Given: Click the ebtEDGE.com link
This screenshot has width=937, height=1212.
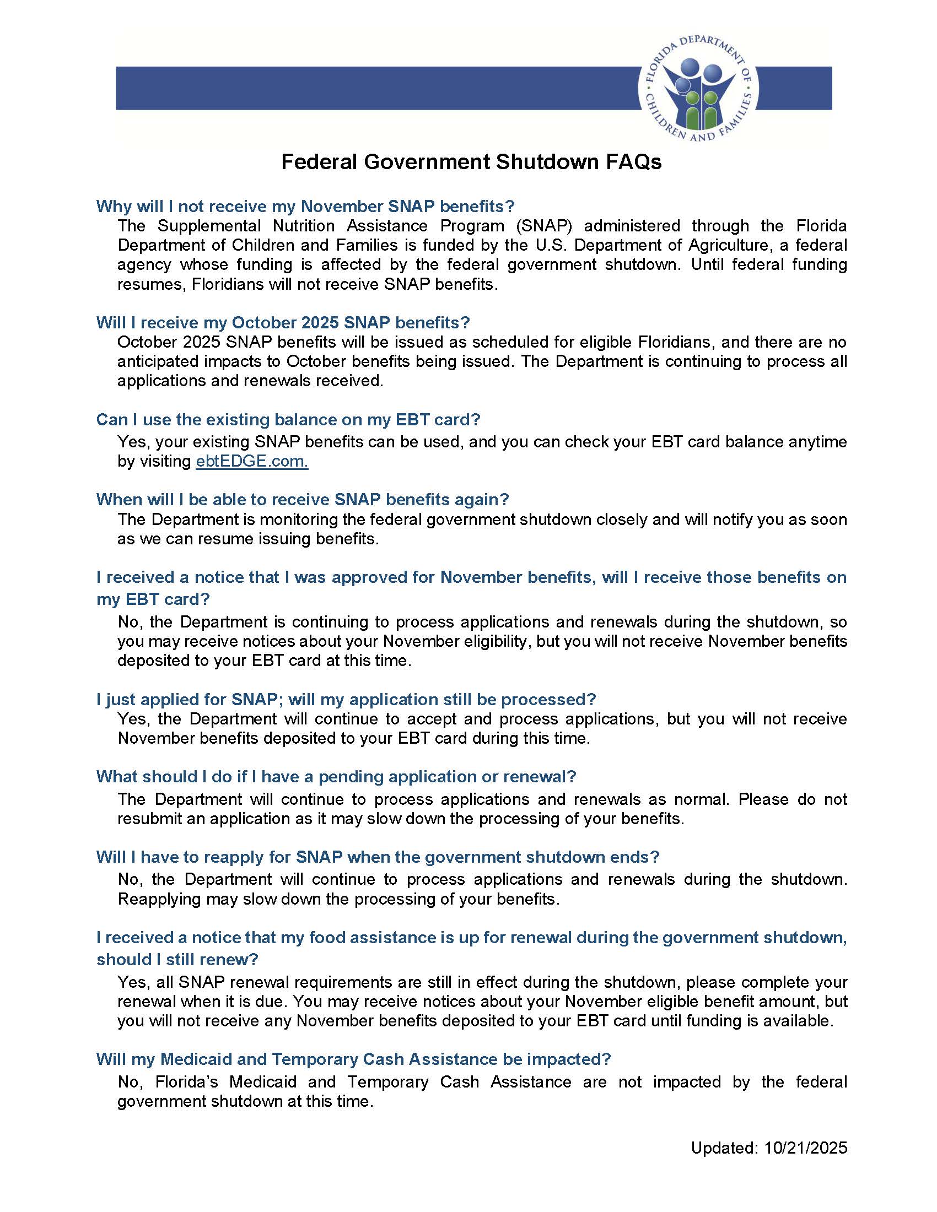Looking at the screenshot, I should point(251,461).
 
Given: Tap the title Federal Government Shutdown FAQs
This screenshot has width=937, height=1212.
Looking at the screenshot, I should point(471,162).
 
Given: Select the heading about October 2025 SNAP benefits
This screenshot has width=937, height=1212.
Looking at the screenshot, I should point(283,322).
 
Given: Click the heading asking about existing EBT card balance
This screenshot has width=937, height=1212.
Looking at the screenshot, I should point(288,420).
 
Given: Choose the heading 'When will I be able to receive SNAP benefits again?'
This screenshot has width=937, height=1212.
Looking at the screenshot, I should point(302,500).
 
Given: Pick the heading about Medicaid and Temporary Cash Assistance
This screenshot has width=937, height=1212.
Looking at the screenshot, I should point(353,1059).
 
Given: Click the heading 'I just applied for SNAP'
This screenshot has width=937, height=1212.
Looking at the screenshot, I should point(345,699).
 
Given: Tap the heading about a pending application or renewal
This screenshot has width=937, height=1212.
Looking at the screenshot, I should point(336,776).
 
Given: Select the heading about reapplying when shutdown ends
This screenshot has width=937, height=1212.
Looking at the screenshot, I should point(378,857).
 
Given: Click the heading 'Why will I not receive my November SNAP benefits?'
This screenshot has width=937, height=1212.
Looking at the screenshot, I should point(305,207).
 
